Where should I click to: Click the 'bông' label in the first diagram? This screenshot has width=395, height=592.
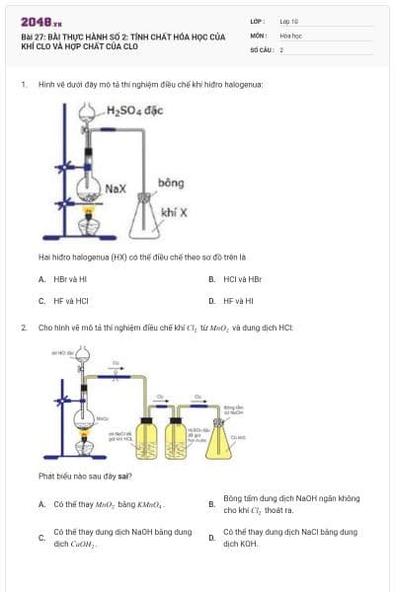point(171,184)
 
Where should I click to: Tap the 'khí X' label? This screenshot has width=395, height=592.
point(175,212)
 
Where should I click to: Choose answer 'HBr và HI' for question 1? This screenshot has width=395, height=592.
point(65,279)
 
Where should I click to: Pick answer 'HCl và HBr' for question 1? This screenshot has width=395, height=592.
point(242,279)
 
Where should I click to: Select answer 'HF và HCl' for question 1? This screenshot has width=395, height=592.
point(65,300)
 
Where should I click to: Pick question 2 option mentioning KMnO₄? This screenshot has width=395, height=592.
point(109,504)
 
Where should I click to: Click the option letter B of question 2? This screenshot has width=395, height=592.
point(211,504)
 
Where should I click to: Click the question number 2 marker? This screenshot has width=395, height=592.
point(23,327)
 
